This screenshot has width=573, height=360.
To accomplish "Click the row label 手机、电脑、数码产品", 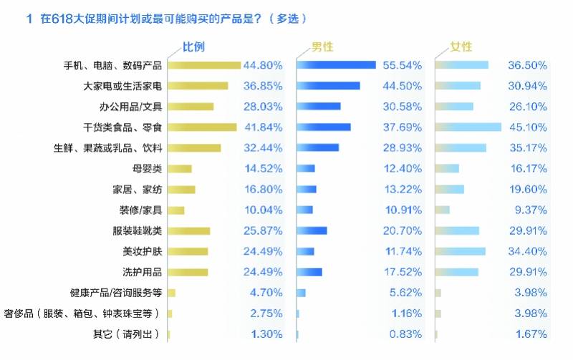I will tap(113, 65).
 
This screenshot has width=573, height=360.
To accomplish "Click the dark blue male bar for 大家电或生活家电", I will tap(328, 86).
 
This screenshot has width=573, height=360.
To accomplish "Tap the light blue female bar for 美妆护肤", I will tap(460, 251).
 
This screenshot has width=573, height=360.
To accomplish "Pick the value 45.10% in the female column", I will tap(527, 127).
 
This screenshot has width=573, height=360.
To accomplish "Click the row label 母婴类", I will tap(148, 169).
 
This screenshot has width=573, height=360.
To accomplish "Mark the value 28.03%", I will tap(263, 107).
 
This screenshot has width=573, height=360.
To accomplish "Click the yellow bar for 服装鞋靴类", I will tap(189, 231).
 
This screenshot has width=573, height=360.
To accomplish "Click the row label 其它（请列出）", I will tap(127, 334).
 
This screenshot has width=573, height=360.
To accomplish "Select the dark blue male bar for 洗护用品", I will tap(309, 272).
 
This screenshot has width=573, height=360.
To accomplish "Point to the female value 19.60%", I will tap(527, 190).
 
